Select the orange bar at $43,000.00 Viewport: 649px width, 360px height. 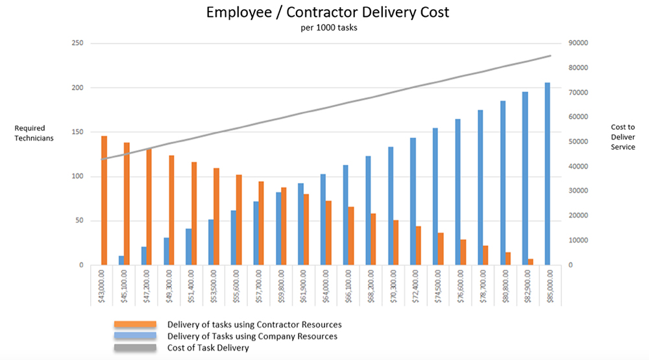tap(104, 200)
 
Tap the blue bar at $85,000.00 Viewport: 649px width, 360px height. tap(548, 174)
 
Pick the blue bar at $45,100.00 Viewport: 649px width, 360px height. tap(121, 261)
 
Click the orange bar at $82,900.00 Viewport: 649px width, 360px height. tap(530, 262)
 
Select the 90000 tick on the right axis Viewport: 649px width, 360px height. tap(578, 43)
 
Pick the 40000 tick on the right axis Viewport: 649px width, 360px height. tap(578, 167)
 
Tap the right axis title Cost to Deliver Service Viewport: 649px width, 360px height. tap(623, 138)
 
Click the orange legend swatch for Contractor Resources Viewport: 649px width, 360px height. tap(135, 324)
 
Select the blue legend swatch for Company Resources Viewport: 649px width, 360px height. tap(135, 336)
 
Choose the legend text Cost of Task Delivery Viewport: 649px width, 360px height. tap(208, 348)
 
